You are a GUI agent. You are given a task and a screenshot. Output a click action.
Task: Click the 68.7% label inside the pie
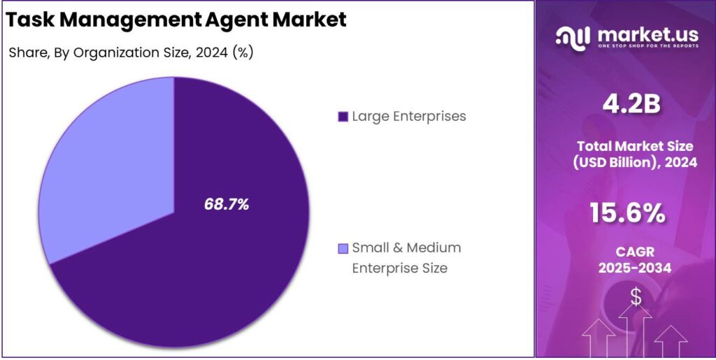coord(227,205)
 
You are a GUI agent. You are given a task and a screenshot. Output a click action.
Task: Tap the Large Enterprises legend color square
coord(343,117)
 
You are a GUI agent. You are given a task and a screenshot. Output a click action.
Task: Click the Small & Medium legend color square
coord(343,248)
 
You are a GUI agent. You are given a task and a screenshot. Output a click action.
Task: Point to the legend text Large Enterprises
coord(409,116)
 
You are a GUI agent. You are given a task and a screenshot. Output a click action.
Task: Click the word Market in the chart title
coord(308,20)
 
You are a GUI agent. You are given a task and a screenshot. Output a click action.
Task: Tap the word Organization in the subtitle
coord(106,54)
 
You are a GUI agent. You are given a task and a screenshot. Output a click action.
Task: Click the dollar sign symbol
coord(636,296)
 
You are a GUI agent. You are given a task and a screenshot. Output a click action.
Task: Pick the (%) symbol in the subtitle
coord(242,54)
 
